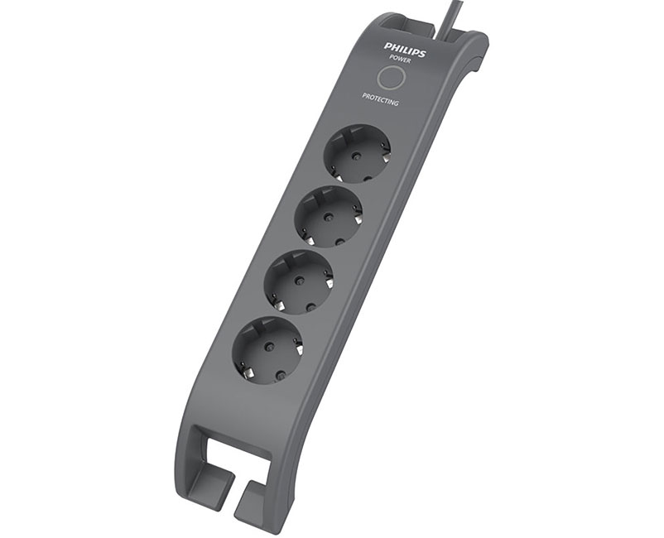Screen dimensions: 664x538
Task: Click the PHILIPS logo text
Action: click(x=404, y=50)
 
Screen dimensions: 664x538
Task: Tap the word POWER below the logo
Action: click(x=399, y=60)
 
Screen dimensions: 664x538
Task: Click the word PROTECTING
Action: click(x=380, y=99)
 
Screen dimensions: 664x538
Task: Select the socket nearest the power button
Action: click(x=357, y=154)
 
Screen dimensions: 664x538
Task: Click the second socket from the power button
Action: click(x=329, y=216)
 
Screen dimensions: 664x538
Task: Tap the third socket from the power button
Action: click(x=300, y=281)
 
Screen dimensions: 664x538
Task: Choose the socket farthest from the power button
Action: click(x=267, y=350)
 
